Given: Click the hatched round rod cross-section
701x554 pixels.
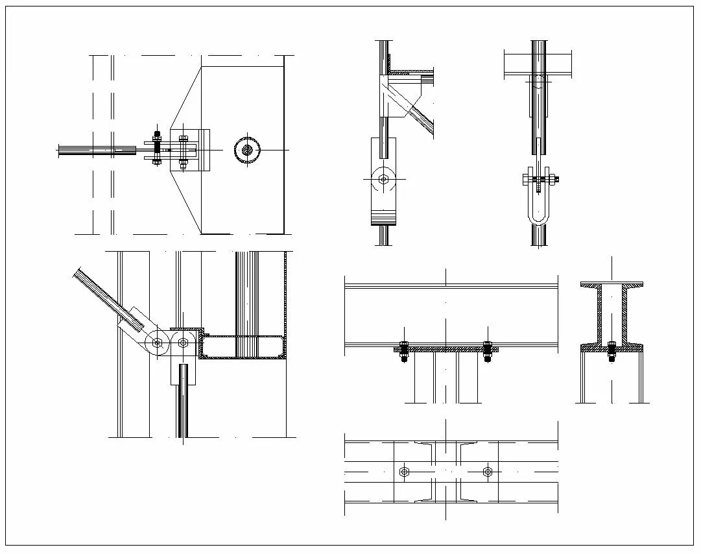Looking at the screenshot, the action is coord(248,150).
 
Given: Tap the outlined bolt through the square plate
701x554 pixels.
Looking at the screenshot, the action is coord(183,151).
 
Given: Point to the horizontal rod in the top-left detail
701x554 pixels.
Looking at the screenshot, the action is coord(97,150).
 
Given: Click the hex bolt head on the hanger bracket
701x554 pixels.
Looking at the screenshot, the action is coord(383,179).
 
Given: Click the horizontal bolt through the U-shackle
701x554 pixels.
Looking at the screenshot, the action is coord(540,178).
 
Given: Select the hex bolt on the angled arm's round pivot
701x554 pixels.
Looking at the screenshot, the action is coord(157,343).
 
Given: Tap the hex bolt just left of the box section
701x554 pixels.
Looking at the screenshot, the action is coord(183,343).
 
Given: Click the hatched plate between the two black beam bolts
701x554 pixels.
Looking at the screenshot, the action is coord(446,349).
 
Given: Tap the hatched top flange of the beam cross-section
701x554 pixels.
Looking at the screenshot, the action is coord(612,285).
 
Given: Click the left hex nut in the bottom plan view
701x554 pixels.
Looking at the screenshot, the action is coord(405,472).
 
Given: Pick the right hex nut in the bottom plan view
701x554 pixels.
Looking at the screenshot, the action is coord(488,472).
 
